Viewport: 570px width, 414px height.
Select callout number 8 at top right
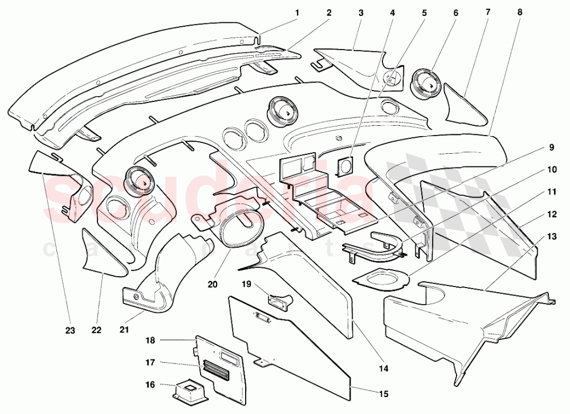[519, 13]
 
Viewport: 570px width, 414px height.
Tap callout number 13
[552, 236]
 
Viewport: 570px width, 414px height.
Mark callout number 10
[552, 170]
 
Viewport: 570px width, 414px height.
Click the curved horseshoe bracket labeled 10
[373, 245]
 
